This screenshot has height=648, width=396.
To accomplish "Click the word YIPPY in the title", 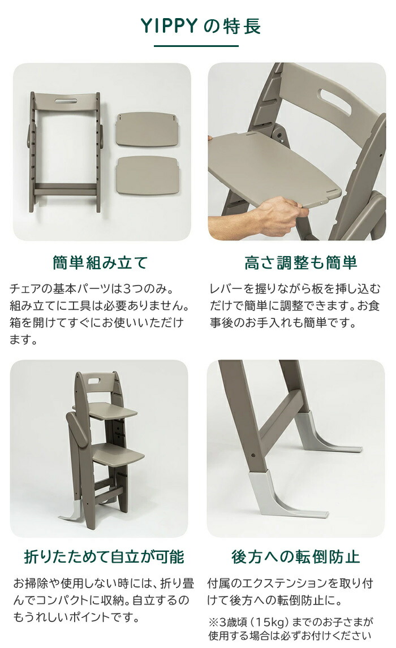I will click(x=167, y=26).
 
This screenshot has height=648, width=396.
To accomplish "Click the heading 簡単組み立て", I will click(x=100, y=263).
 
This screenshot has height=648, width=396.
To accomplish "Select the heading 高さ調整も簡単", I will click(x=300, y=263).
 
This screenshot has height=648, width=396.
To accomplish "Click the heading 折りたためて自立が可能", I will click(x=104, y=556).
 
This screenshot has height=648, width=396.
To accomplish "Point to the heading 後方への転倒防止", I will click(x=295, y=556).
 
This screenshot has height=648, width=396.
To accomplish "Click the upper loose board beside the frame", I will click(x=147, y=129).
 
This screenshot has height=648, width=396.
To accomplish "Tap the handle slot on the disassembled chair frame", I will click(x=67, y=102).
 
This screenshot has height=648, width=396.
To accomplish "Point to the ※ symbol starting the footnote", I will click(x=213, y=620).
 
